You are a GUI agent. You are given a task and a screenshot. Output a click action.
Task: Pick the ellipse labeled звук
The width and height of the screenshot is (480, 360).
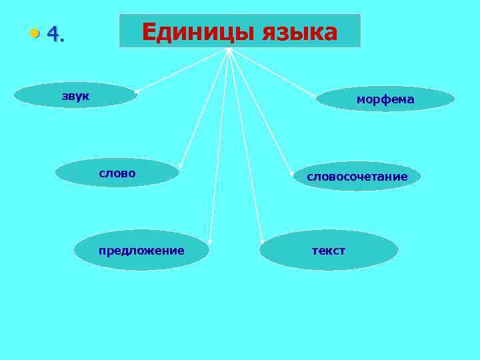[x=75, y=95]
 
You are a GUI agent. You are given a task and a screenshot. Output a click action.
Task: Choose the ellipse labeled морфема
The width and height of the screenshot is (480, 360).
[x=385, y=99]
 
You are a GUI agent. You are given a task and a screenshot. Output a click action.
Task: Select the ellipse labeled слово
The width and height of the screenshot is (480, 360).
[x=117, y=173]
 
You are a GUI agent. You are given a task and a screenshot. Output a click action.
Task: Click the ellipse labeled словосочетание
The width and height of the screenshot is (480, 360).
[x=357, y=176]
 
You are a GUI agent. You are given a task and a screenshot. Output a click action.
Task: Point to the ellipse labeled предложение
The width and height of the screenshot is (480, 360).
[x=141, y=250]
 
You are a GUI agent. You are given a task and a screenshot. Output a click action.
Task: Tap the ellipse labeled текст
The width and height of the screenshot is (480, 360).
[x=329, y=250]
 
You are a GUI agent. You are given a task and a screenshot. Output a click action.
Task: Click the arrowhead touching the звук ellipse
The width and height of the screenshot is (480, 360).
[x=137, y=91]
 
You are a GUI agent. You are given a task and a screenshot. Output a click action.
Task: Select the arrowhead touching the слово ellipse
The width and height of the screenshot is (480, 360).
[x=179, y=167]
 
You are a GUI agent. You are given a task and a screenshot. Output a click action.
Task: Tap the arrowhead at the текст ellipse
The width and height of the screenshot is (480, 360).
[x=263, y=241]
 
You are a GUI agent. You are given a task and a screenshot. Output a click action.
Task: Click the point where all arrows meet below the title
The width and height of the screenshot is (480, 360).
[x=228, y=49]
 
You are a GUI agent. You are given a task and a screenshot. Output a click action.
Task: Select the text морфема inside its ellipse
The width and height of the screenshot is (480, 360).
[x=385, y=99]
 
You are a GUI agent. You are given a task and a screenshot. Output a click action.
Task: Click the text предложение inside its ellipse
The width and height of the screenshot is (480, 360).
[x=141, y=251]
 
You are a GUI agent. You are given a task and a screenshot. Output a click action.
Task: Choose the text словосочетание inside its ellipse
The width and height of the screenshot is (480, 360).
[x=357, y=177]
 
